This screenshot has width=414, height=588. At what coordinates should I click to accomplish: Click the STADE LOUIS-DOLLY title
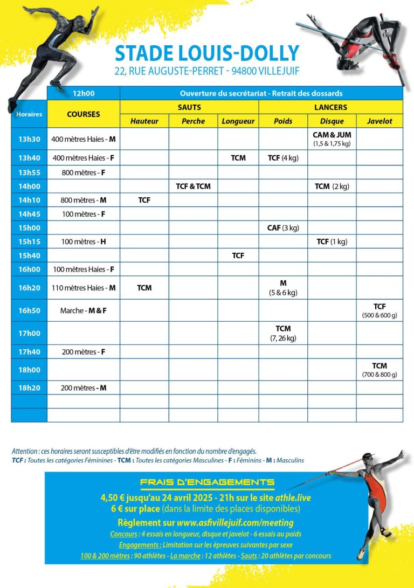(207, 53)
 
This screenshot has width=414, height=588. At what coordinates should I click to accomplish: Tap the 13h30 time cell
(29, 139)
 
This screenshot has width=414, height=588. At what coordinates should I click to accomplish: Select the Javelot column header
(379, 121)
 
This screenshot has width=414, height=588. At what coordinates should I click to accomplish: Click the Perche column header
(193, 121)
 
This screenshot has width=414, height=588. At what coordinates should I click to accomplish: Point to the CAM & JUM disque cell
(332, 139)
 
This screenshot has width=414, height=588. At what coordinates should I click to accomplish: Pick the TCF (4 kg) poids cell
(283, 158)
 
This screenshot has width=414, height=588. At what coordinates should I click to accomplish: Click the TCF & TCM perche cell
(193, 186)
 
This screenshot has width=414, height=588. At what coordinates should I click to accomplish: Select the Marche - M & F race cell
(83, 311)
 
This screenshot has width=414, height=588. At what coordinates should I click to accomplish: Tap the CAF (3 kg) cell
(283, 228)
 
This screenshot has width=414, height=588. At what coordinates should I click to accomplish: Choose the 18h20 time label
(29, 388)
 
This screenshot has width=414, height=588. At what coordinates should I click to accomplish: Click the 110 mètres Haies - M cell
(83, 288)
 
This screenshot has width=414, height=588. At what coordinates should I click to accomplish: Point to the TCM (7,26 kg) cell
(283, 333)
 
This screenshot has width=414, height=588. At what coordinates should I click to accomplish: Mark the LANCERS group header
(330, 107)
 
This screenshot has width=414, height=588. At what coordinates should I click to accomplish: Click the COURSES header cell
(83, 114)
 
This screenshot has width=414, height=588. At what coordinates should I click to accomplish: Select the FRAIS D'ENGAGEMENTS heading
(207, 482)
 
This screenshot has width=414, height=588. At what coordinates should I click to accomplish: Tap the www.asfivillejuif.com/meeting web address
(235, 522)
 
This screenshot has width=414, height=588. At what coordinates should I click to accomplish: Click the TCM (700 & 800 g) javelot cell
(379, 370)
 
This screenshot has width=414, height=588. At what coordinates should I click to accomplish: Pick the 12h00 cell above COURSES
(83, 93)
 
